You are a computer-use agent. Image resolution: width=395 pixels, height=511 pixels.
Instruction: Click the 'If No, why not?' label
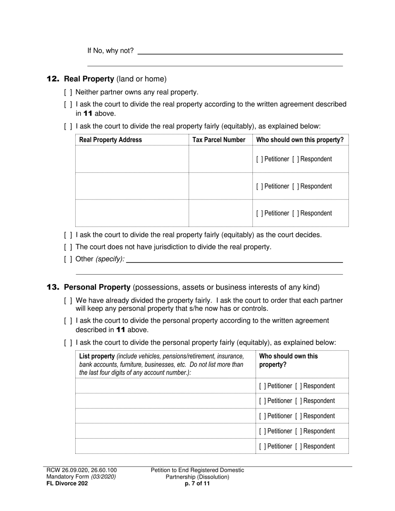pyautogui.click(x=110, y=51)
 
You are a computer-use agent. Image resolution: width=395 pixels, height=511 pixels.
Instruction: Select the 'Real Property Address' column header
pyautogui.click(x=110, y=140)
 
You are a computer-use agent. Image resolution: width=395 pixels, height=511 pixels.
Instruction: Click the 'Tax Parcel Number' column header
pyautogui.click(x=219, y=140)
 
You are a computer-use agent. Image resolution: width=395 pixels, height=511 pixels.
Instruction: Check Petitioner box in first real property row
pyautogui.click(x=259, y=159)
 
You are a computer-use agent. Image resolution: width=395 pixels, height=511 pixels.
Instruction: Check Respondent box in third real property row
pyautogui.click(x=296, y=214)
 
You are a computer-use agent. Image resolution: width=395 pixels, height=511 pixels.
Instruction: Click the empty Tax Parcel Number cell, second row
pyautogui.click(x=220, y=186)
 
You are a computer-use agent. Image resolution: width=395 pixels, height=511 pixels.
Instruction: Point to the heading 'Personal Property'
pyautogui.click(x=97, y=287)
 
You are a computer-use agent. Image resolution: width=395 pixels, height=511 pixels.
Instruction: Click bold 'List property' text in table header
pyautogui.click(x=96, y=356)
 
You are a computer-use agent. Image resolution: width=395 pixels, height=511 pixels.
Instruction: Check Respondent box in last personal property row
pyautogui.click(x=298, y=447)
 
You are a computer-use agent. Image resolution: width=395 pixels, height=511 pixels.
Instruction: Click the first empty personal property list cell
pyautogui.click(x=165, y=386)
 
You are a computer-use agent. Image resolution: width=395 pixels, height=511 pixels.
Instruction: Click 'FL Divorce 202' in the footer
pyautogui.click(x=67, y=484)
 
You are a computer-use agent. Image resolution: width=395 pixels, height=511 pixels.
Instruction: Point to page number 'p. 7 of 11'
pyautogui.click(x=197, y=484)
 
